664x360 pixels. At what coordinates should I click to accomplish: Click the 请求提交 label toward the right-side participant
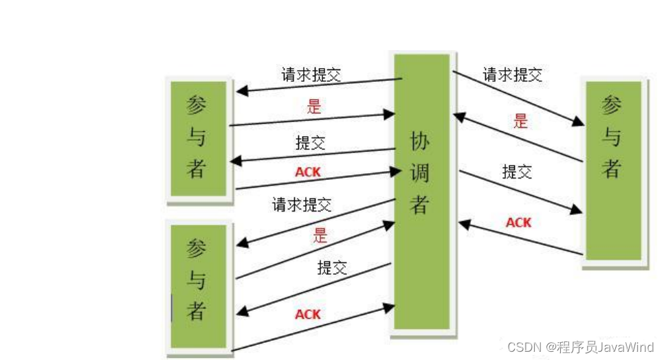512,75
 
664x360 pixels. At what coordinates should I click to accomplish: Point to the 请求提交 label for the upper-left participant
311,75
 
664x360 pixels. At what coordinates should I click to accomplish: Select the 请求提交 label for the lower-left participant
302,204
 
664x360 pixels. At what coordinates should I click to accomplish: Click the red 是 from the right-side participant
520,122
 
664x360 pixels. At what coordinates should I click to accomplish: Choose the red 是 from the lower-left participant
320,235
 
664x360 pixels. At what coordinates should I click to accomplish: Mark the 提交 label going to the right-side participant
517,171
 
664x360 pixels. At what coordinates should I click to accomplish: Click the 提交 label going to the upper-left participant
310,143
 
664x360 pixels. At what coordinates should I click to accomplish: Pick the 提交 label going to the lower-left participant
332,268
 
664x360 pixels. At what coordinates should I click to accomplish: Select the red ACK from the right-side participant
518,223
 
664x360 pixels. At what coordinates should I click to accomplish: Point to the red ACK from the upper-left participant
308,172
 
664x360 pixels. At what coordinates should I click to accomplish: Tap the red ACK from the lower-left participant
308,314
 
